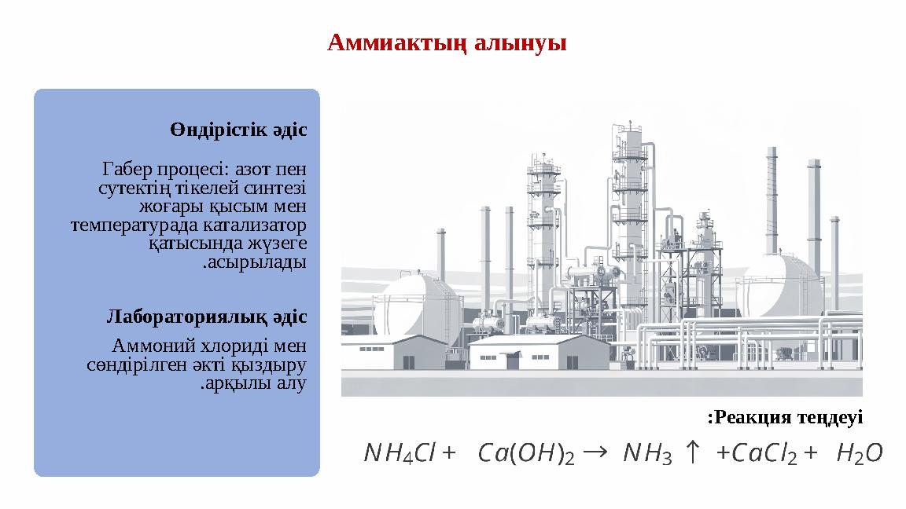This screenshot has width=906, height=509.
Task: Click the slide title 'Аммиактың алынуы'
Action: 447,42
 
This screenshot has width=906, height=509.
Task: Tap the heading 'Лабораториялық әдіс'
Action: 206,317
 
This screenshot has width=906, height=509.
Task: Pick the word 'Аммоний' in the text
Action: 146,346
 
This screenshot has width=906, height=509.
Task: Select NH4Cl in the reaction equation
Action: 400,453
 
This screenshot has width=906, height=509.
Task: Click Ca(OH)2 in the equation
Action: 526,453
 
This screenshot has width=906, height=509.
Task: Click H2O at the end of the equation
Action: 860,453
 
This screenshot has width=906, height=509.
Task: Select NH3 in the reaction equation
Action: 646,453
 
